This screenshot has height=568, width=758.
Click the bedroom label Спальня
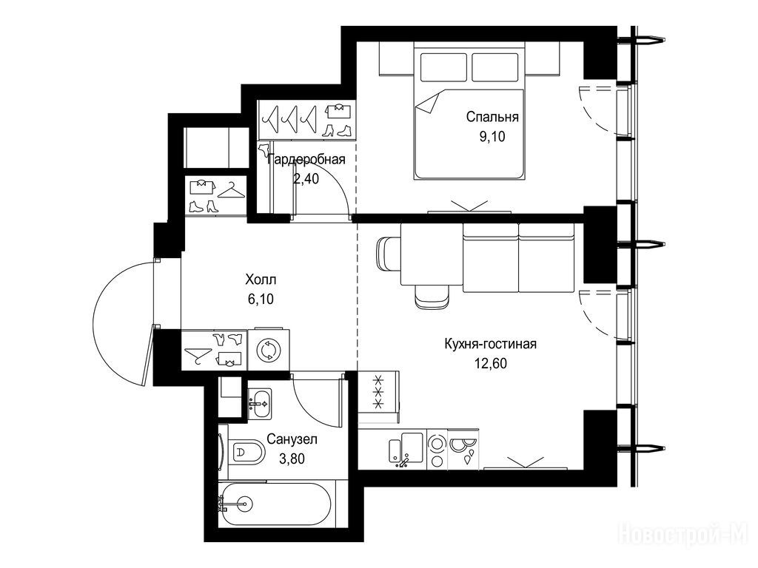492,117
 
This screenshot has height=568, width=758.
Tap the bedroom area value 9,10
492,137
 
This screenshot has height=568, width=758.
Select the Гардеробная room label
306,160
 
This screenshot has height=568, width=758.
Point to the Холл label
261,280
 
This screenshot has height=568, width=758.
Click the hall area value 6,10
261,300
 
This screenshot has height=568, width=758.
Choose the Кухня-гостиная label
491,344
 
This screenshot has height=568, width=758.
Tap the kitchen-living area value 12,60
491,363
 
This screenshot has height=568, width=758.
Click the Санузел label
292,439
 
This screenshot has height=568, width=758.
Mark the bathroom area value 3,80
292,459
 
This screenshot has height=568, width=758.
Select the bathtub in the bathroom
275,504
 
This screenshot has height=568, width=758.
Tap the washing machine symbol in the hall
269,350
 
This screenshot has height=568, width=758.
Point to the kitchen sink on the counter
406,450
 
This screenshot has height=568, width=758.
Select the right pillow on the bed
495,67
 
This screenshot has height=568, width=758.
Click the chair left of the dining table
388,254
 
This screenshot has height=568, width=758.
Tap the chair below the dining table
432,296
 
